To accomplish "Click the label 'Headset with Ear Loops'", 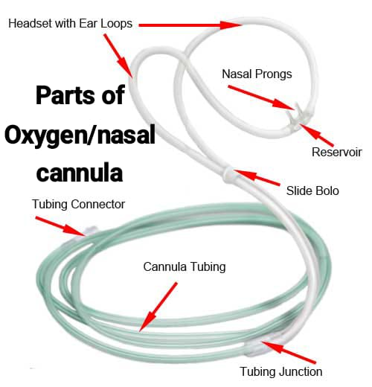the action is (71, 24).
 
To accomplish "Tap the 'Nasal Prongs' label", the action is (257, 74).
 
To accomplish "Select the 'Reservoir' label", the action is (337, 152).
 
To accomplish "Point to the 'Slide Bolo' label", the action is (312, 191).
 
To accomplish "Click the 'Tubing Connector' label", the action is (78, 205).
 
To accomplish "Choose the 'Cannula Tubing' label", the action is (185, 267).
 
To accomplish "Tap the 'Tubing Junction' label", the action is (281, 371).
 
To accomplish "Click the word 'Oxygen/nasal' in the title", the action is (80, 135).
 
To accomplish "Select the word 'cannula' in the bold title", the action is (80, 173).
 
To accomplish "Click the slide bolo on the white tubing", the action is (228, 174).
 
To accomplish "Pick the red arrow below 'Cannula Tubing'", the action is (158, 307).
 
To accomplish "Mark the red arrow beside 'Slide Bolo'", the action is (257, 177).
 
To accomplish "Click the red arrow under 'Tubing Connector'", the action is (61, 226).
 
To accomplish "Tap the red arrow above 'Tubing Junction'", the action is (289, 352).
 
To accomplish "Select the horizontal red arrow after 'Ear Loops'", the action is (190, 25).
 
